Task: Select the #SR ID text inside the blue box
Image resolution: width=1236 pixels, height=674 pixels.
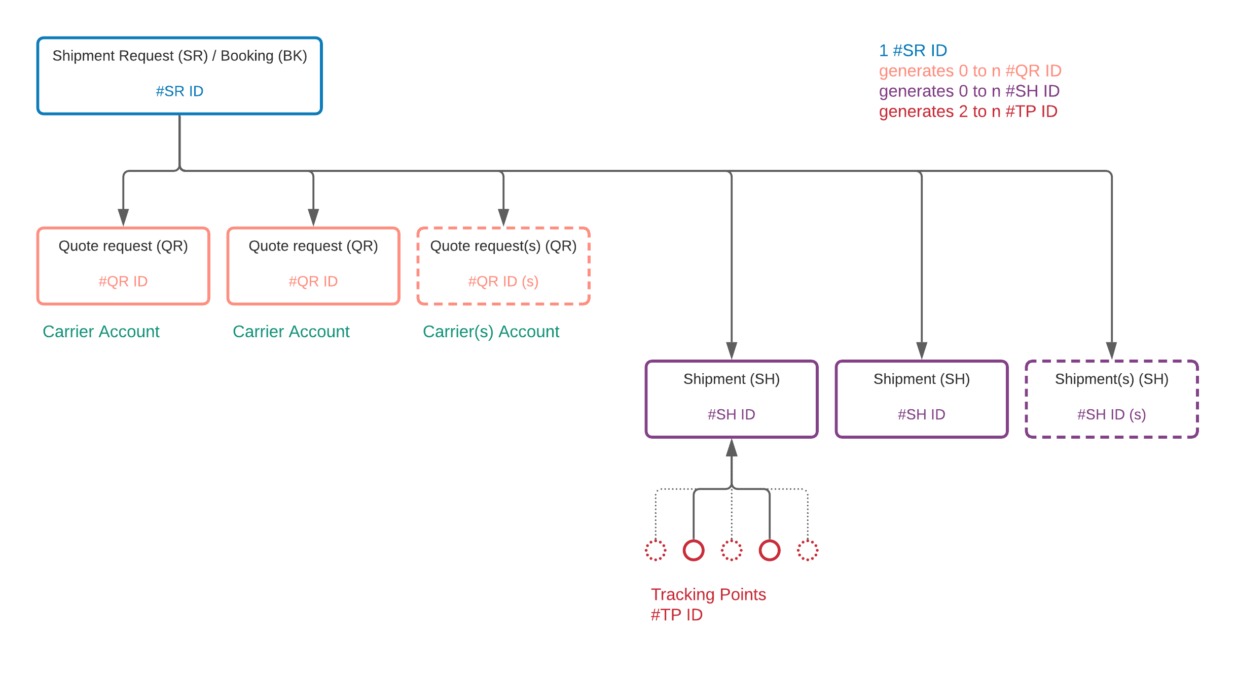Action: [x=179, y=91]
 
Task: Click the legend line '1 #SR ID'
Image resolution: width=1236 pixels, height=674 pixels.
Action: [x=913, y=51]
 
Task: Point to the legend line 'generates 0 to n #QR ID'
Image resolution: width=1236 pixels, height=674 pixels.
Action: [x=970, y=71]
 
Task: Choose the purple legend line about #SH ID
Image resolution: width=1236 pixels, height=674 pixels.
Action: [x=969, y=91]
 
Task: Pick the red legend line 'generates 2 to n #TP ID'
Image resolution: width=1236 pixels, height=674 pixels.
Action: [x=968, y=112]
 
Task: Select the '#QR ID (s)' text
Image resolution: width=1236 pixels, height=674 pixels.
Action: [x=503, y=281]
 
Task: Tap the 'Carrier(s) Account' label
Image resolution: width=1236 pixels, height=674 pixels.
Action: [x=491, y=332]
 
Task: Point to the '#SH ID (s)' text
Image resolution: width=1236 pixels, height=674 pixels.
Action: [x=1112, y=415]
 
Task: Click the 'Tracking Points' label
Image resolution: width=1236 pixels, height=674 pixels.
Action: [x=708, y=594]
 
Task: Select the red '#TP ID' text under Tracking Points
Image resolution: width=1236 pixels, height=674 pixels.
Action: [x=676, y=615]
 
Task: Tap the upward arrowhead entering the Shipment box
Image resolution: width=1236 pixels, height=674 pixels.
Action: [x=732, y=447]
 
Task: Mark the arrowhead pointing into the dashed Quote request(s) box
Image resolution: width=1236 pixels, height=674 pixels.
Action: [x=503, y=218]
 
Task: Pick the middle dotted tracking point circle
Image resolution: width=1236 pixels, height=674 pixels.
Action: [x=732, y=541]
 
